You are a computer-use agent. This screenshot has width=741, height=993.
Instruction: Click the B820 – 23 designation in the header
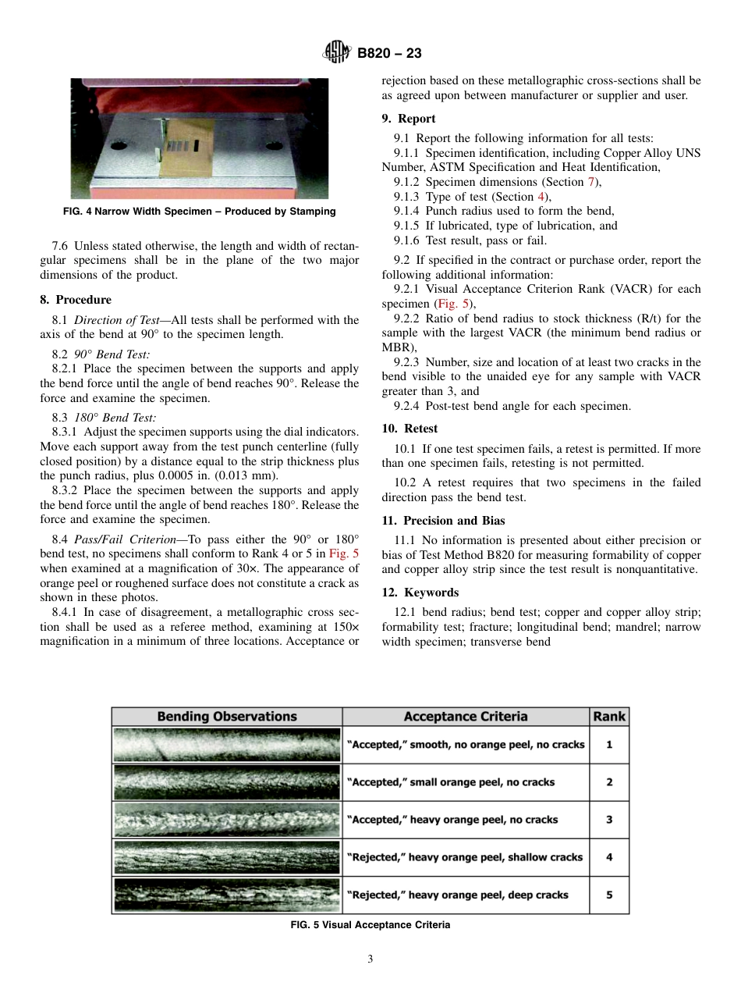(389, 54)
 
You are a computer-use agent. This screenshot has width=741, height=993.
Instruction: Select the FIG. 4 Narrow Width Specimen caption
(200, 212)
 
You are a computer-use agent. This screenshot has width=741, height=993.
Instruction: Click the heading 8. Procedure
(76, 300)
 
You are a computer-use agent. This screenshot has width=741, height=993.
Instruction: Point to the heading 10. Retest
(409, 429)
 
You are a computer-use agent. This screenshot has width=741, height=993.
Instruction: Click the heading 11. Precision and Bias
(443, 521)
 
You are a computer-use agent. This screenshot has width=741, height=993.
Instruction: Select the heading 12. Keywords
(420, 593)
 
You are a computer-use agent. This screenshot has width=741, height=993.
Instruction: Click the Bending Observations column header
(227, 717)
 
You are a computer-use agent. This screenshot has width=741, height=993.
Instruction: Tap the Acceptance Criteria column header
(466, 717)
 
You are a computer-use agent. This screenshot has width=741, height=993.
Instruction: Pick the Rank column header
(609, 717)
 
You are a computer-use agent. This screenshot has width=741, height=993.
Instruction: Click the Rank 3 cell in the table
(609, 820)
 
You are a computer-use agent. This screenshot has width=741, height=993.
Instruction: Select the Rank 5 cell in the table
(609, 895)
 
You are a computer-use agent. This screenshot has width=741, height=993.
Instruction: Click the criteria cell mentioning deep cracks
(466, 895)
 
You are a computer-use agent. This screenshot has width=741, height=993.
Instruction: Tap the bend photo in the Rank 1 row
(227, 745)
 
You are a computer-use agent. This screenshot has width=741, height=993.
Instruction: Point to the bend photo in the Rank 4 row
(227, 857)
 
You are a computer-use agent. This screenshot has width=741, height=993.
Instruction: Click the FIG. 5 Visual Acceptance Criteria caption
(370, 925)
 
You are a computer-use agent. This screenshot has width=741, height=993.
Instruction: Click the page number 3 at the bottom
(370, 959)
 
